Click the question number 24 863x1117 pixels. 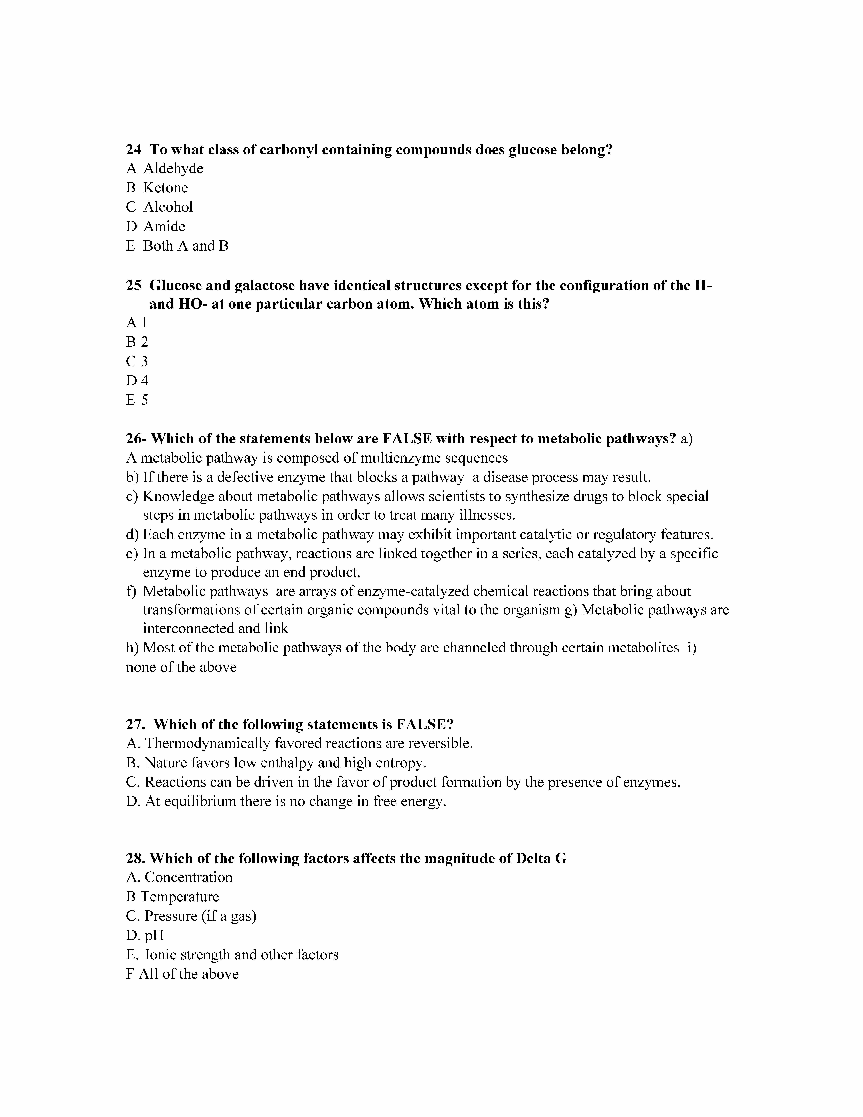[x=133, y=150]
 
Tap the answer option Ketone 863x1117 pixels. [x=165, y=188]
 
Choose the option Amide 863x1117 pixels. [x=164, y=227]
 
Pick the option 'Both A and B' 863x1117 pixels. [x=186, y=246]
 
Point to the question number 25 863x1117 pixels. [x=133, y=285]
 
